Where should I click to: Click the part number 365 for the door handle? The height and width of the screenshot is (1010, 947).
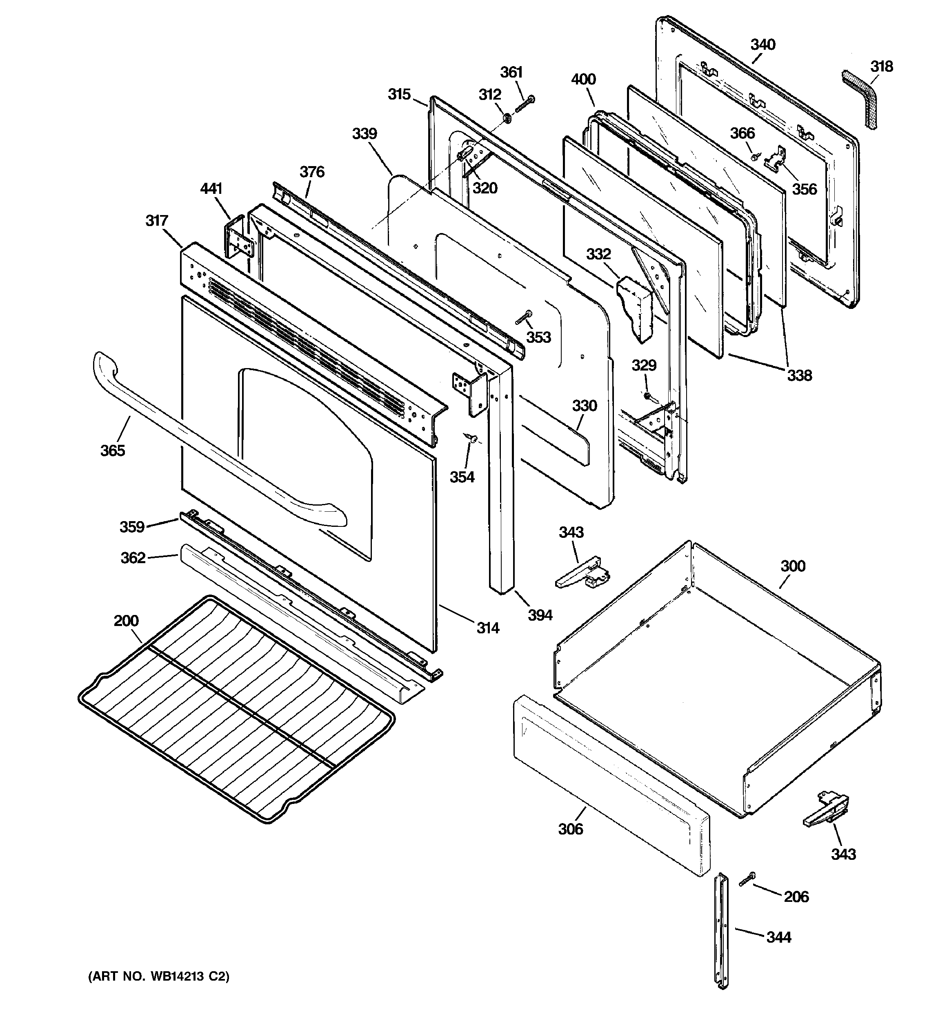pos(112,450)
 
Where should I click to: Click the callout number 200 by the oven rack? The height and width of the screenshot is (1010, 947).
pos(126,620)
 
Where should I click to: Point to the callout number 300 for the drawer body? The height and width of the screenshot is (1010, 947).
pos(792,566)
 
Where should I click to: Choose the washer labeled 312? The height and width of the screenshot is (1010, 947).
pos(507,118)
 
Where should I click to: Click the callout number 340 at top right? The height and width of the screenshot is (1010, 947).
pos(763,45)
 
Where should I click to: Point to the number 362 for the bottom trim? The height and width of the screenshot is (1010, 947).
pos(133,558)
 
